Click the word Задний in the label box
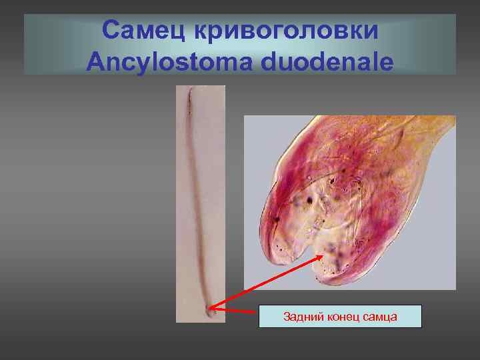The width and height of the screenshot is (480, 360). coord(299,317)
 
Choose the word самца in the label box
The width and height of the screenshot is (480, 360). coord(381,317)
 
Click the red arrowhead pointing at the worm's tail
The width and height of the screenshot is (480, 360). coord(211,309)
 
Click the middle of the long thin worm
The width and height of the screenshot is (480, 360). coord(198,200)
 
